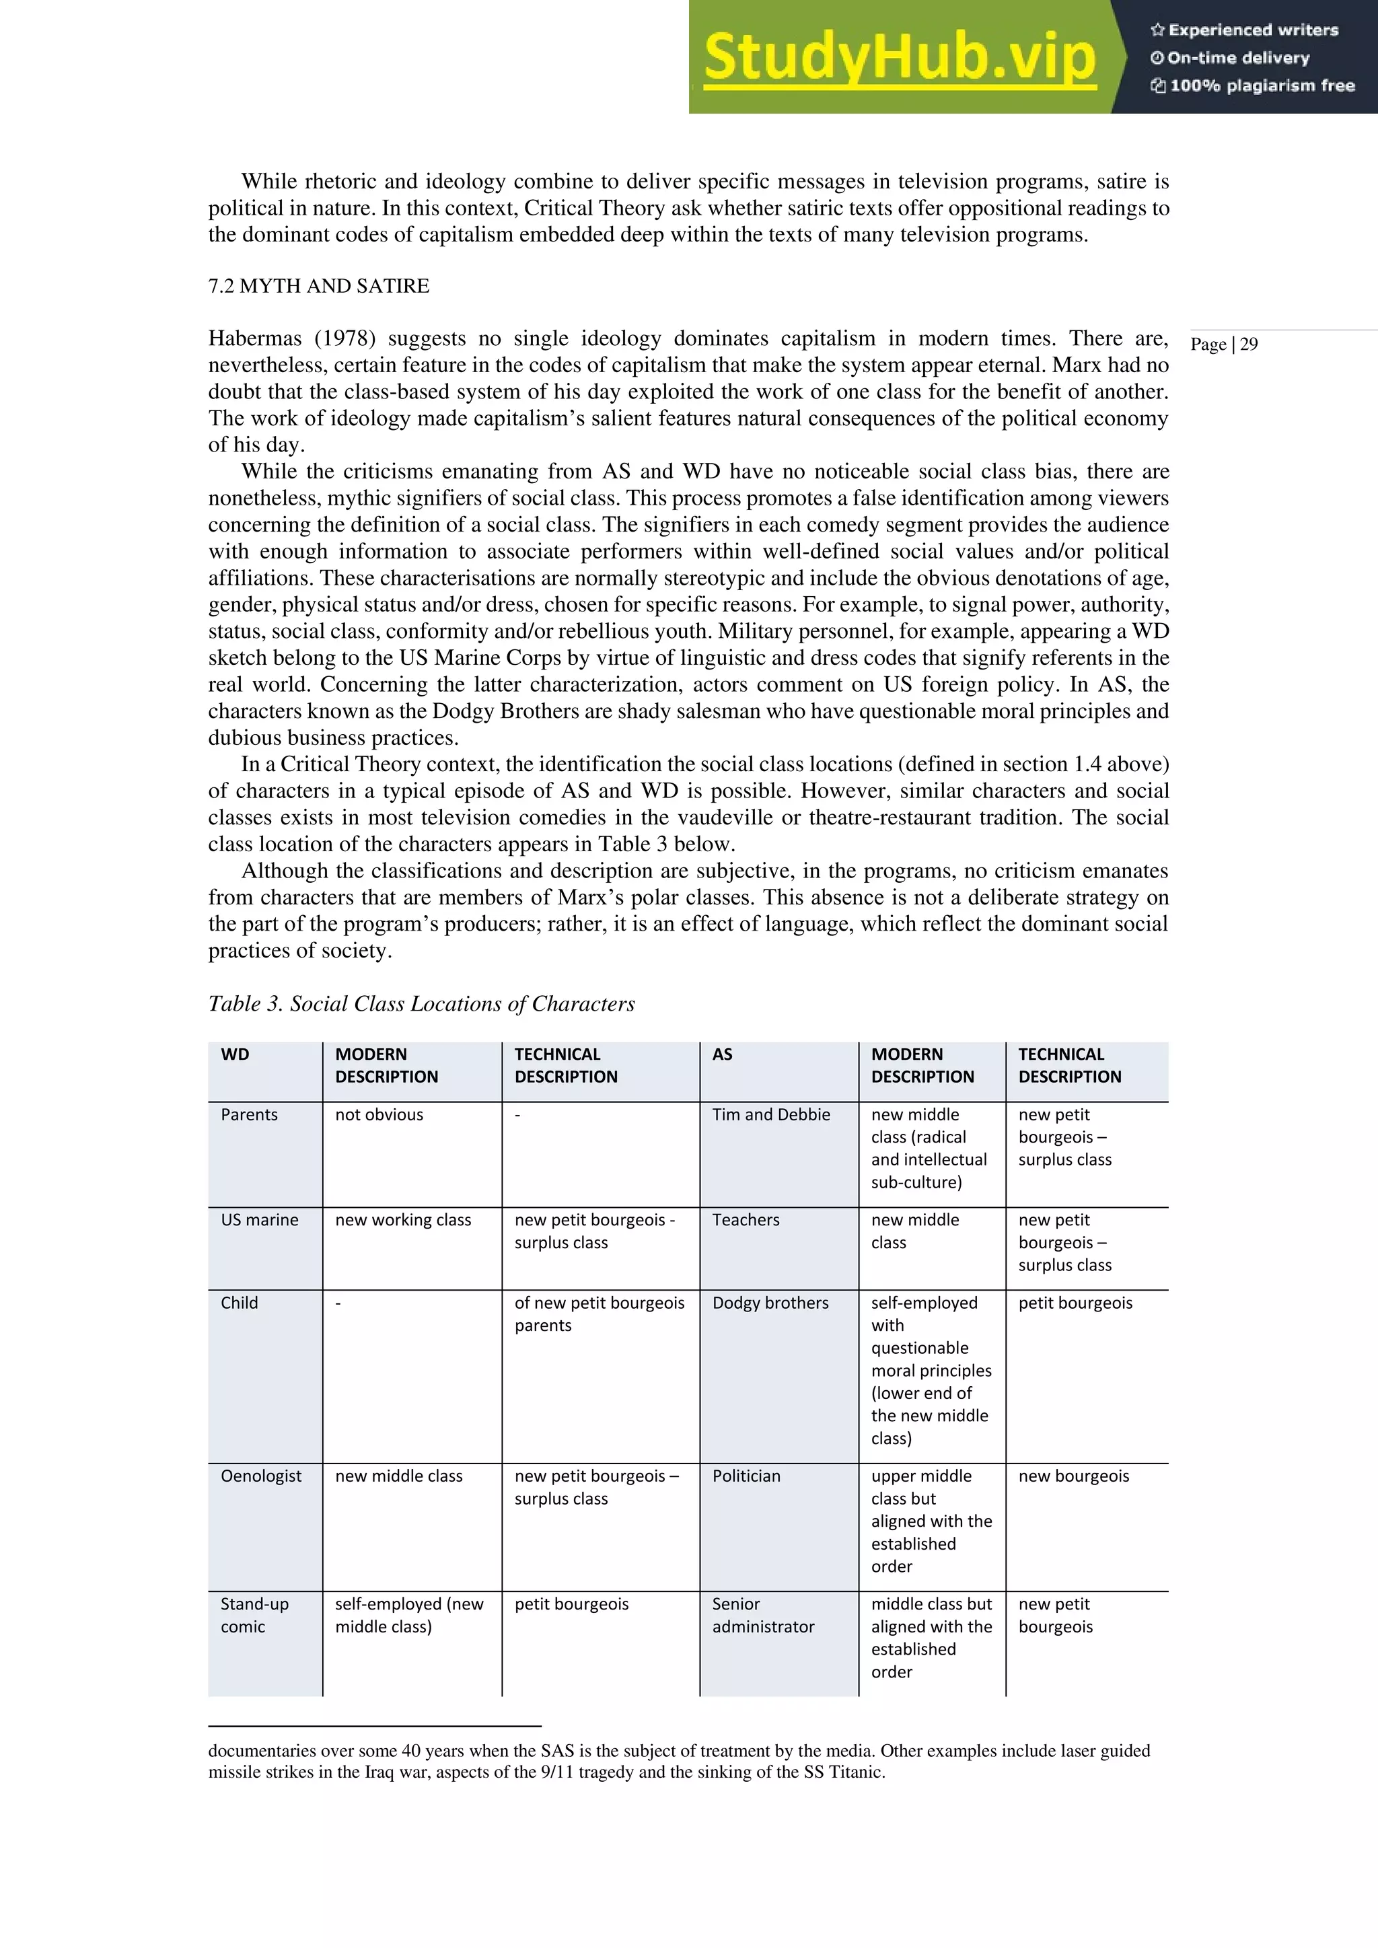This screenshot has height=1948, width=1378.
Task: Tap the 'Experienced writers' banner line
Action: [1244, 30]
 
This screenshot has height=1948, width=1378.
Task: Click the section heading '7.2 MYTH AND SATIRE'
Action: [319, 286]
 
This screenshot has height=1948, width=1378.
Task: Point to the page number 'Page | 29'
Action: [1223, 345]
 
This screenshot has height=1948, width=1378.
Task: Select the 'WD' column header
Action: [235, 1054]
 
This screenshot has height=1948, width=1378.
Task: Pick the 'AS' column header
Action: [722, 1054]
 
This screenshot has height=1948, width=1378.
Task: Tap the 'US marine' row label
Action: [259, 1219]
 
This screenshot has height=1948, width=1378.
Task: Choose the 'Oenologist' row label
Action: [260, 1476]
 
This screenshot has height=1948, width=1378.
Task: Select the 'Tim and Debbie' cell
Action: [770, 1114]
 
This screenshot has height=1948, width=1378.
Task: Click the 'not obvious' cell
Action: [378, 1114]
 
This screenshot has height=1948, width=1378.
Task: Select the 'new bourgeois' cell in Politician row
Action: [1073, 1476]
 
